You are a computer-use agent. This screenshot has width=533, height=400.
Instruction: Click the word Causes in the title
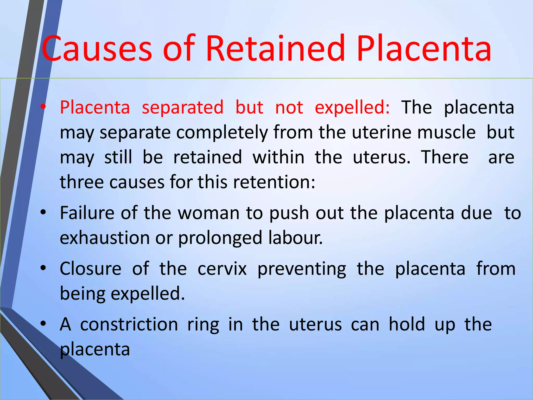96,49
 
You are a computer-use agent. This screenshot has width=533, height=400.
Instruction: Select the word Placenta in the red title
424,49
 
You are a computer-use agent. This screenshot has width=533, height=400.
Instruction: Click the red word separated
182,107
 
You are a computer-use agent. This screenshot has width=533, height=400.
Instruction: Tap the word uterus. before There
382,157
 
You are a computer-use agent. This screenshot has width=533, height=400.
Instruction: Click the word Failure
87,213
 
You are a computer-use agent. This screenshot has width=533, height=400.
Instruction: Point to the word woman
208,213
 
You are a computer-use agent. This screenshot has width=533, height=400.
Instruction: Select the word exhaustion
105,238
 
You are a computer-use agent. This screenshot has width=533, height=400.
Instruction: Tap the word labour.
295,238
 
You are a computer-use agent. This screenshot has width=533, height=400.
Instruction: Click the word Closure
91,269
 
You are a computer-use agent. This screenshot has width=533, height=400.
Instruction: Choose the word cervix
222,269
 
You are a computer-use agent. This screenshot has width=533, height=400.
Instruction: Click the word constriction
129,324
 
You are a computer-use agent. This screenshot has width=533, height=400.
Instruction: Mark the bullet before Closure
43,268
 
